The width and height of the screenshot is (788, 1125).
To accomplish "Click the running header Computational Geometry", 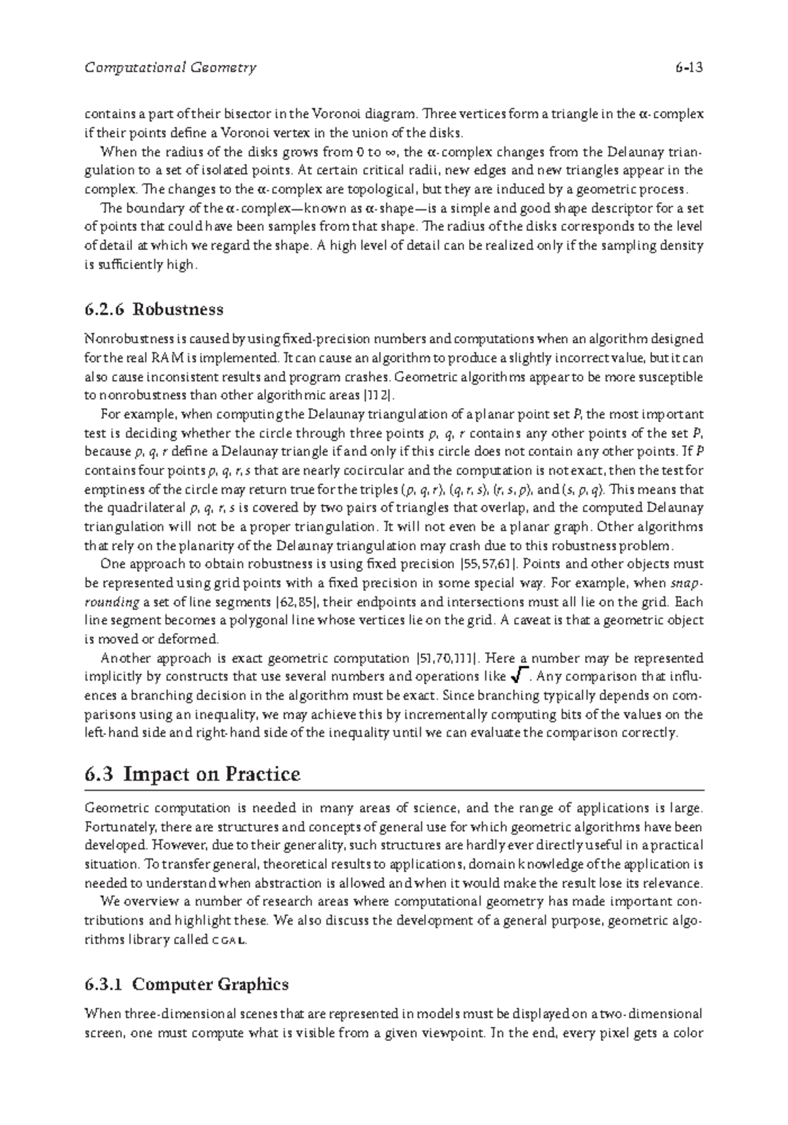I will click(x=171, y=68).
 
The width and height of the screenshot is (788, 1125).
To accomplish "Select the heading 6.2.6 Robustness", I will click(x=154, y=309).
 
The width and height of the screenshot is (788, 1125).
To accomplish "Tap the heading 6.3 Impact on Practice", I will click(x=192, y=775).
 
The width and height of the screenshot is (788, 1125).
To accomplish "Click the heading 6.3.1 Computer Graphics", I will click(x=186, y=985).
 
